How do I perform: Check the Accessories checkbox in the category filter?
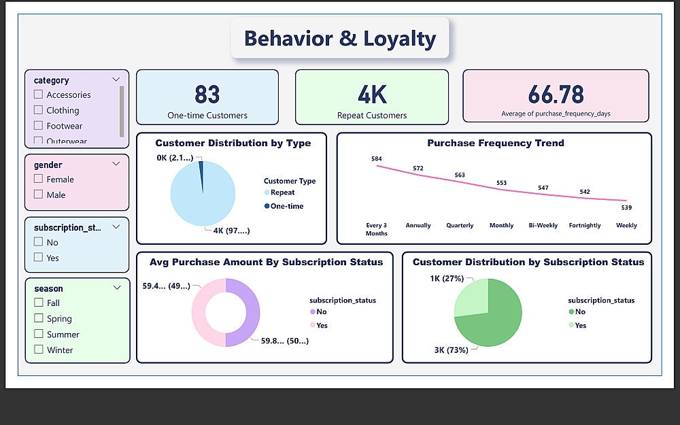point(39,95)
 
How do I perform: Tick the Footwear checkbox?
point(39,126)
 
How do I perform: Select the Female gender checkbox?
point(39,180)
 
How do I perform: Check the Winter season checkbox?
point(39,350)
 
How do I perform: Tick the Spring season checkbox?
point(39,318)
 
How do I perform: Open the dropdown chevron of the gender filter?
point(116,164)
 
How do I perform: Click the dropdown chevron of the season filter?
point(116,288)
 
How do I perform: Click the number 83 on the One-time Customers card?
point(207,94)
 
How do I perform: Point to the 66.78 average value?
point(556,93)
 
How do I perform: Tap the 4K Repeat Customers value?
point(371,94)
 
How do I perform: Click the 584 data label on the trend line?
point(377,158)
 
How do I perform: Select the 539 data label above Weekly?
point(626,207)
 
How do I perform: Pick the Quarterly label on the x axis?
point(460,225)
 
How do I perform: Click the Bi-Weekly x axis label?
point(543,225)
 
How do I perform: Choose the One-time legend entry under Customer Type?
point(286,206)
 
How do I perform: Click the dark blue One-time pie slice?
point(201,167)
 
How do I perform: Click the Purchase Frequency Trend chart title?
point(495,143)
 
